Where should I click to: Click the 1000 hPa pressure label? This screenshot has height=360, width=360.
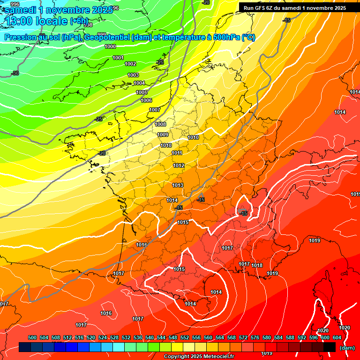click(111, 46)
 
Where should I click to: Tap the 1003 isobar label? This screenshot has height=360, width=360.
click(134, 75)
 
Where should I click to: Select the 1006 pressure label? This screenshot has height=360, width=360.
click(146, 100)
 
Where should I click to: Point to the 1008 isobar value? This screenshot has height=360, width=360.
click(160, 124)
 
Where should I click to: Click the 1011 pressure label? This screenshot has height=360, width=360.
click(177, 153)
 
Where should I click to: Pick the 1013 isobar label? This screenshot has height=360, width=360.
click(178, 185)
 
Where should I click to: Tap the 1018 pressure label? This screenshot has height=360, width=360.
click(257, 265)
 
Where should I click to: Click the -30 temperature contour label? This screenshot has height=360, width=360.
click(15, 73)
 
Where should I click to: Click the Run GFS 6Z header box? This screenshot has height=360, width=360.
click(295, 7)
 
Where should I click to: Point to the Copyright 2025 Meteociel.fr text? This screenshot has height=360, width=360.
click(199, 356)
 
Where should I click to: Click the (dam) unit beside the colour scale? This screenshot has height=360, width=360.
click(347, 347)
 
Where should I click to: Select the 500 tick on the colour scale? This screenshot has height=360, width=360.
click(33, 337)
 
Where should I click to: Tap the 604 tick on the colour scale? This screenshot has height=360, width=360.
click(337, 337)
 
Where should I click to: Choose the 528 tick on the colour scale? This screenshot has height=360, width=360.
click(114, 337)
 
